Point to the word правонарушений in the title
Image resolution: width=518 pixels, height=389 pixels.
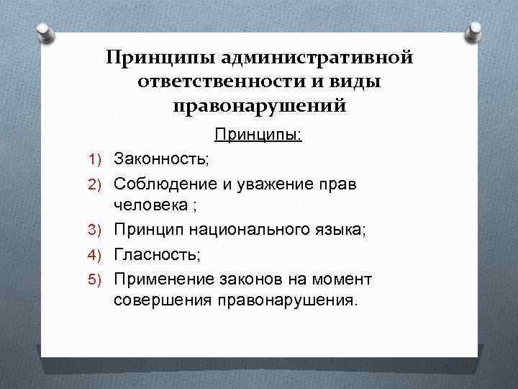point(259,107)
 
